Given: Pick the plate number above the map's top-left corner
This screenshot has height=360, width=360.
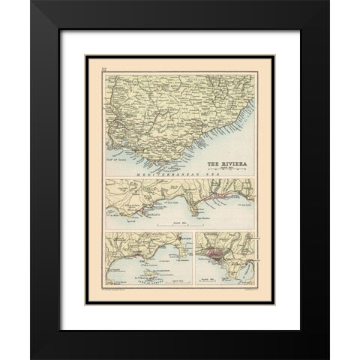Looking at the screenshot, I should (105, 69).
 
